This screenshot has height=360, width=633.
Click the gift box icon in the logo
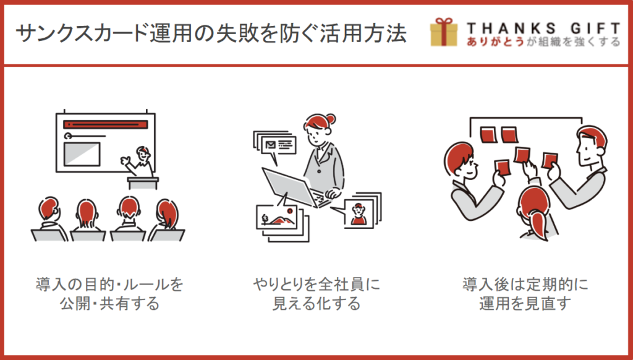[x=444, y=32]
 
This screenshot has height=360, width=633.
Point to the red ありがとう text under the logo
[x=495, y=41]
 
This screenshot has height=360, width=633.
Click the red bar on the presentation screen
[x=106, y=124]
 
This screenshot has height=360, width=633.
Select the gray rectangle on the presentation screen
[x=82, y=154]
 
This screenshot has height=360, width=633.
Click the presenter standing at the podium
[x=139, y=161]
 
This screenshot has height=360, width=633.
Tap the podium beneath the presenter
[x=143, y=183]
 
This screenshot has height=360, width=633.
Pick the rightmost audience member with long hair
[x=166, y=220]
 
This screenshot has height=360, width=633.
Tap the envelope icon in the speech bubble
[x=271, y=145]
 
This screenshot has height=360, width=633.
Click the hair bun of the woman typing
[x=331, y=119]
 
